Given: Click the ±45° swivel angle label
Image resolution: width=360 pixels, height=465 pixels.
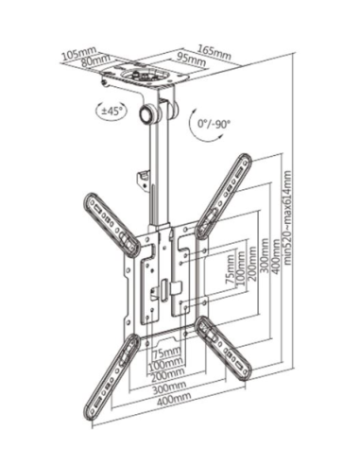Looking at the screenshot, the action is [111, 109].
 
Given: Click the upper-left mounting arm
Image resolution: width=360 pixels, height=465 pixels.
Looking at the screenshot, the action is [111, 221].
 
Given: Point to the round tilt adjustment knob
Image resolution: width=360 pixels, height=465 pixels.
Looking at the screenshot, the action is [149, 114].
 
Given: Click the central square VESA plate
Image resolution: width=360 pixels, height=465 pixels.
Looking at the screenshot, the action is [167, 280].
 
